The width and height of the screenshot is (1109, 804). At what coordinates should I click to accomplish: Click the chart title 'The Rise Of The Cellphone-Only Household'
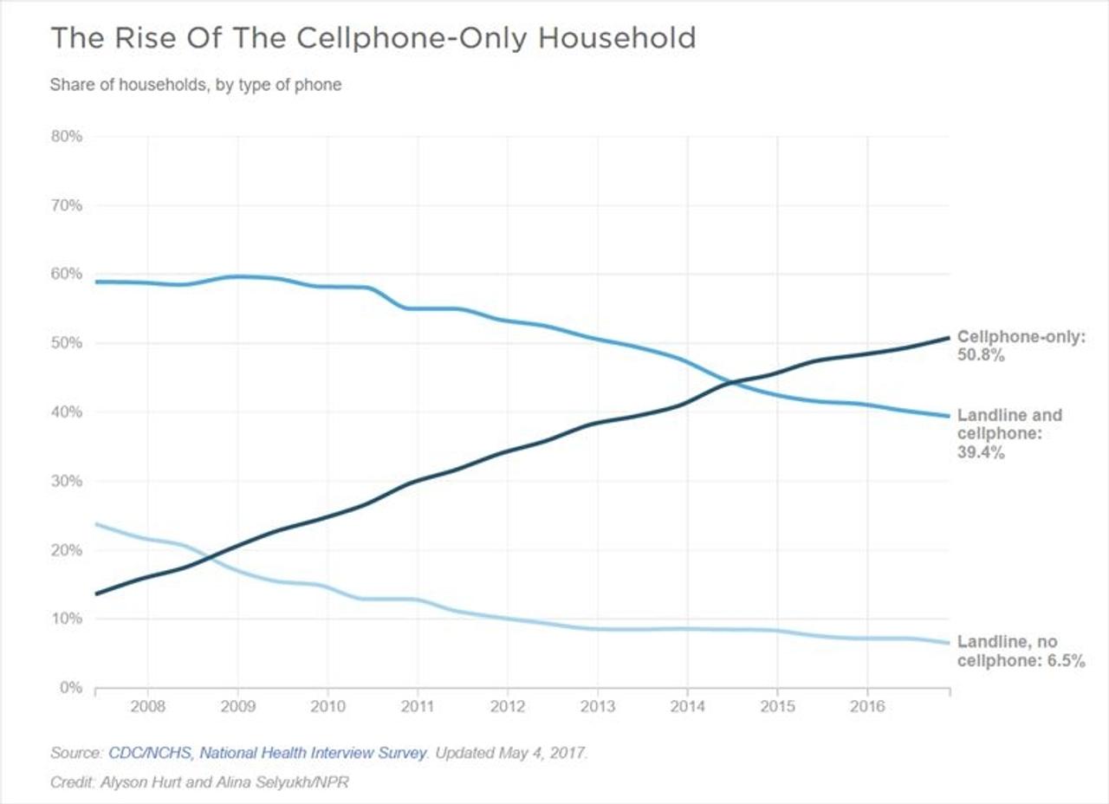373,38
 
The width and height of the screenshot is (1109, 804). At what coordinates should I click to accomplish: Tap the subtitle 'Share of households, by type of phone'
195,85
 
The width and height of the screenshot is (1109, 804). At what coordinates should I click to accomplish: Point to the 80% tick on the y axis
66,137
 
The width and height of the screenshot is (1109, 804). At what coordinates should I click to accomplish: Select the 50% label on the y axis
66,343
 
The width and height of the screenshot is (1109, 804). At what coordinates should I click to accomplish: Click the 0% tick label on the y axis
69,688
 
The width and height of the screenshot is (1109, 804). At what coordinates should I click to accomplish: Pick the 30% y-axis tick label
66,481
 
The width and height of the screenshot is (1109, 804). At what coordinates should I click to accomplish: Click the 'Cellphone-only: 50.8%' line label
1020,346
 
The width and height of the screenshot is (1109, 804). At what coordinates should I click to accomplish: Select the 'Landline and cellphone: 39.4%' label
1008,433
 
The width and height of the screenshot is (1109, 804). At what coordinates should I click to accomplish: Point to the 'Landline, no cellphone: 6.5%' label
1020,652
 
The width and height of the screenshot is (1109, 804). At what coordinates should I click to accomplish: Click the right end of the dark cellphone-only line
949,338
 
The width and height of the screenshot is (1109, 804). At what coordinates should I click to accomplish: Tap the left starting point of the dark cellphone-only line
96,593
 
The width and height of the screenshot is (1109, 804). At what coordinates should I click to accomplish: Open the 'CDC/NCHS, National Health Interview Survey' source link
268,753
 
